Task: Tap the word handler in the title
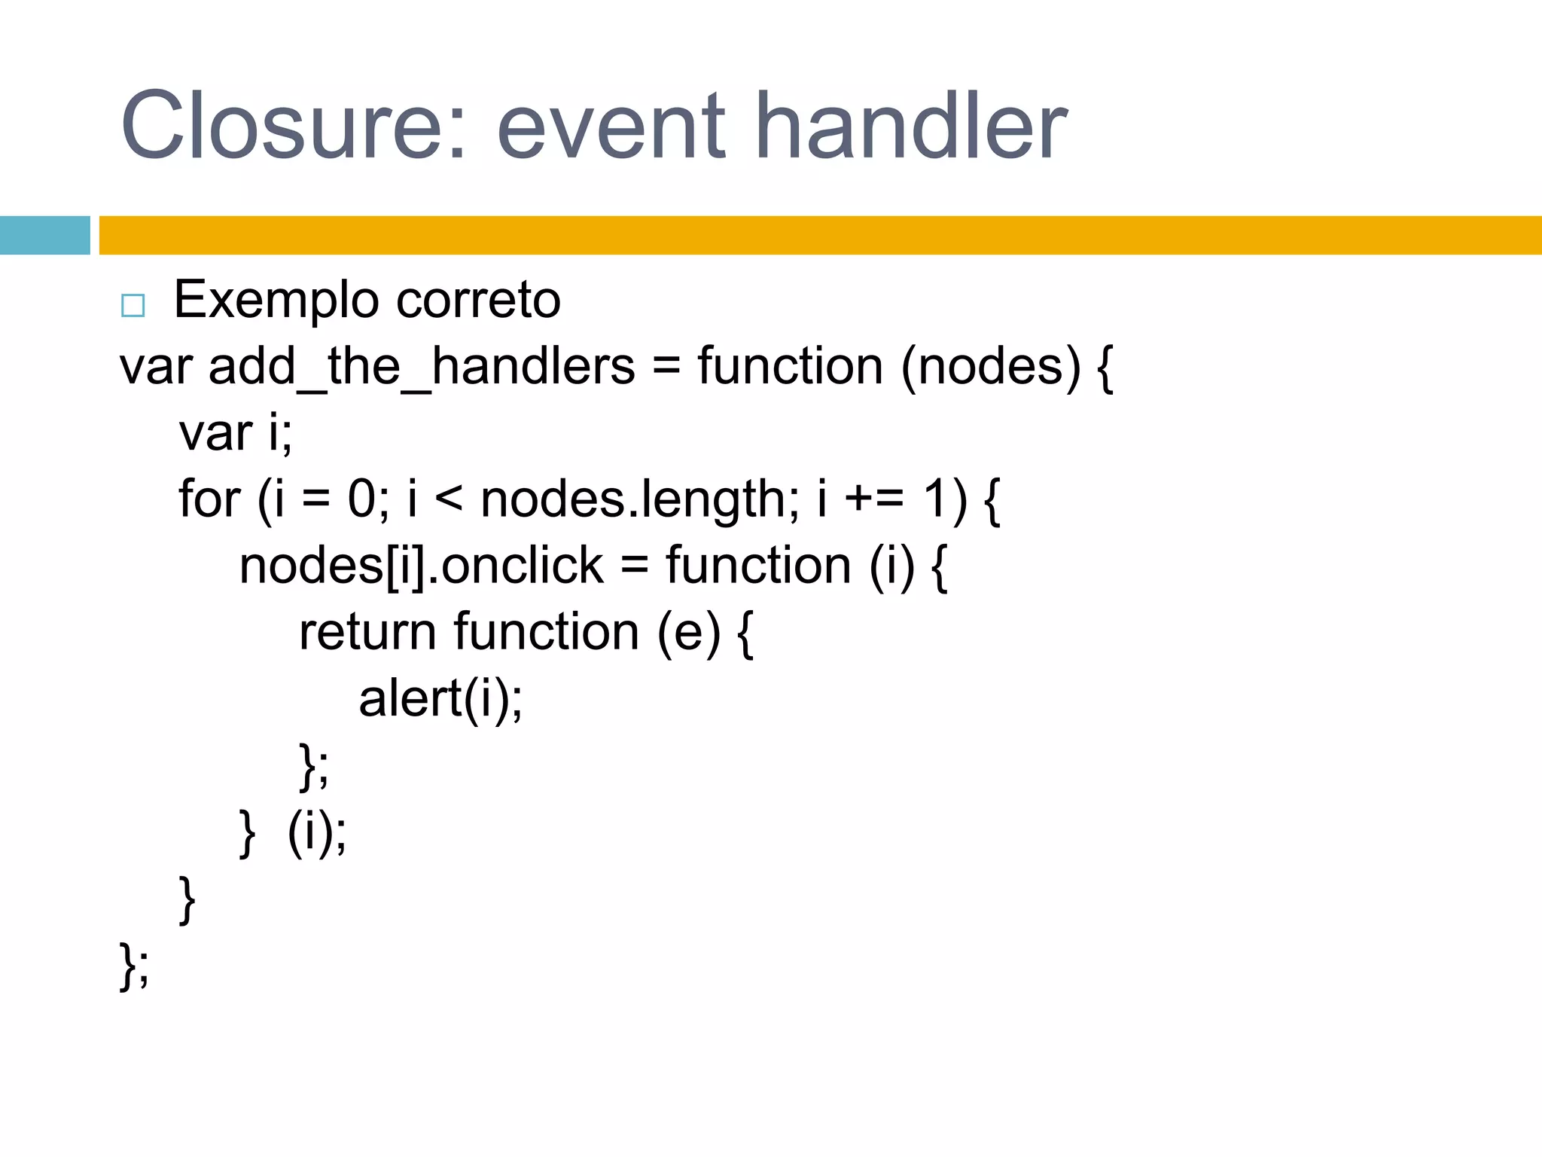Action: [x=911, y=127]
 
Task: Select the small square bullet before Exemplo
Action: [x=133, y=305]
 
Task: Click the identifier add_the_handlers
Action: [x=422, y=368]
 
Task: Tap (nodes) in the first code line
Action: [x=990, y=368]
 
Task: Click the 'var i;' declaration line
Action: [x=236, y=434]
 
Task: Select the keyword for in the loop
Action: [x=209, y=499]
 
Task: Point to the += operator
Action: [x=874, y=501]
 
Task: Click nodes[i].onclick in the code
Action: [x=421, y=566]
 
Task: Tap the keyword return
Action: [x=367, y=633]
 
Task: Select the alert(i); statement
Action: [x=440, y=699]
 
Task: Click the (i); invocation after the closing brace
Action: [x=317, y=832]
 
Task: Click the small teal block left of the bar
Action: [x=44, y=235]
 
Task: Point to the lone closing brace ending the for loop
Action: [x=187, y=899]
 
